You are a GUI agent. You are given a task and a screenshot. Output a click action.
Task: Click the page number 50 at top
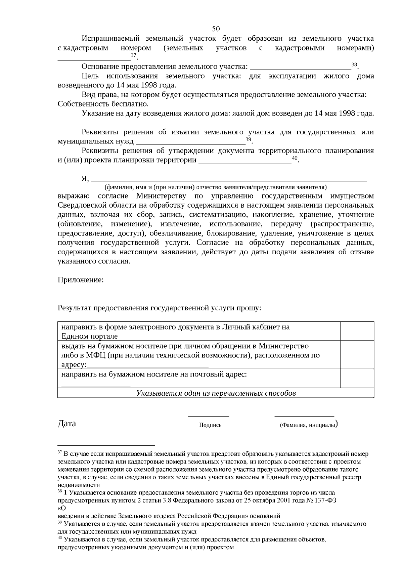pyautogui.click(x=216, y=28)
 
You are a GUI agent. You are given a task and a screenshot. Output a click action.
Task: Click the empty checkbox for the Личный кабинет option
pyautogui.click(x=357, y=331)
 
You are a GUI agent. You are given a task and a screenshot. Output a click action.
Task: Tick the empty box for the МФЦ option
pyautogui.click(x=357, y=355)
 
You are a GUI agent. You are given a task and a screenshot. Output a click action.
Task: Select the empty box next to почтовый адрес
pyautogui.click(x=357, y=378)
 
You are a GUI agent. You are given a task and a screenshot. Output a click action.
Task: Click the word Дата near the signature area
pyautogui.click(x=67, y=423)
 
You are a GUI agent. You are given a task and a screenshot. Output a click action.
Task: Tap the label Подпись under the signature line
pyautogui.click(x=210, y=425)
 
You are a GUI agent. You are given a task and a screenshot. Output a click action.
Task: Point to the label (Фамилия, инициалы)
pyautogui.click(x=308, y=425)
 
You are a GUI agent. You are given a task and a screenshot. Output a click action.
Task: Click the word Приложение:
pyautogui.click(x=81, y=279)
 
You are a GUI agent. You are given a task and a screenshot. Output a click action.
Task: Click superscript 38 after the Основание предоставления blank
pyautogui.click(x=354, y=64)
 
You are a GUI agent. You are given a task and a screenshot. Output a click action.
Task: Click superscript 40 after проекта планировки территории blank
pyautogui.click(x=295, y=158)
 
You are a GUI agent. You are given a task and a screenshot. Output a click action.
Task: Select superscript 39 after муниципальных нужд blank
pyautogui.click(x=248, y=139)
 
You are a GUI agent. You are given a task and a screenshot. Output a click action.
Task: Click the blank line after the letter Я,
pyautogui.click(x=228, y=180)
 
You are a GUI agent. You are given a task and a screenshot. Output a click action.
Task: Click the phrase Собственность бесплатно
pyautogui.click(x=103, y=104)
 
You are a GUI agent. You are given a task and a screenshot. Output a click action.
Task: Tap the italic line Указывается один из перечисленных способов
pyautogui.click(x=216, y=393)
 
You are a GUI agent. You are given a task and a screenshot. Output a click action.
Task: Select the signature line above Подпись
pyautogui.click(x=208, y=416)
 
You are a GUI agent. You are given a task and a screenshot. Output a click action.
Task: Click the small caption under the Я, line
pyautogui.click(x=216, y=187)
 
